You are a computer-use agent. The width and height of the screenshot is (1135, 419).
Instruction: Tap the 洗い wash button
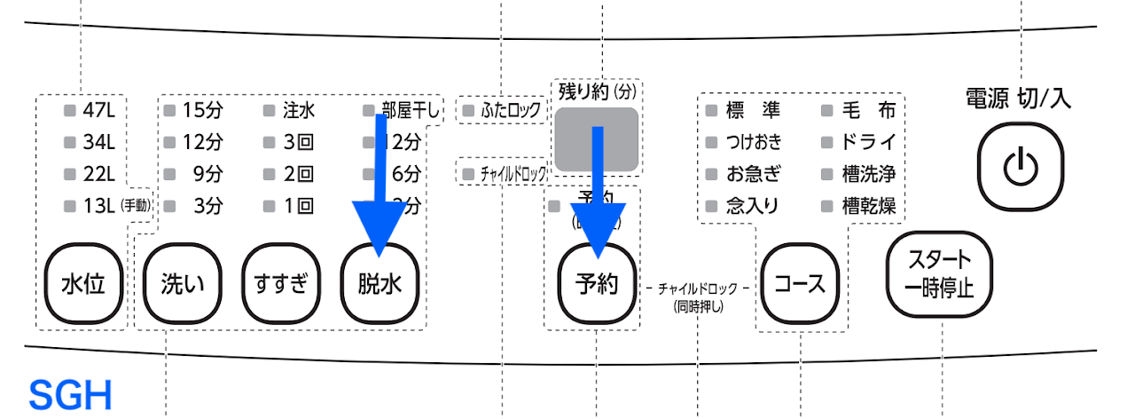(x=182, y=284)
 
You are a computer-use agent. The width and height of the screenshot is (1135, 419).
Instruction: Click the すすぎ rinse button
(x=280, y=284)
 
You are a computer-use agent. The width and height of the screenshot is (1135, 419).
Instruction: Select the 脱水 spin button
(x=380, y=284)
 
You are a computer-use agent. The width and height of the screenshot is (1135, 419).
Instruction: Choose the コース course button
(x=800, y=285)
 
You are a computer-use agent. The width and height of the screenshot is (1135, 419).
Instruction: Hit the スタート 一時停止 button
(x=939, y=274)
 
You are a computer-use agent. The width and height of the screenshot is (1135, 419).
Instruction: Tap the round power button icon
(x=1020, y=164)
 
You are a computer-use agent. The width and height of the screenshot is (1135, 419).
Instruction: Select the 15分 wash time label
(x=202, y=111)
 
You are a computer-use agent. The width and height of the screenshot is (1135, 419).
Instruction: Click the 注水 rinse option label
(x=299, y=111)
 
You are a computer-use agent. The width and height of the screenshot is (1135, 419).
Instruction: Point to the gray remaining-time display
(x=596, y=138)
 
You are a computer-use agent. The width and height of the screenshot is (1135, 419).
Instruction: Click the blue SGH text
(x=71, y=394)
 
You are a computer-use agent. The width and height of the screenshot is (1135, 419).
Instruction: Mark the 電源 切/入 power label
(x=1018, y=99)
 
